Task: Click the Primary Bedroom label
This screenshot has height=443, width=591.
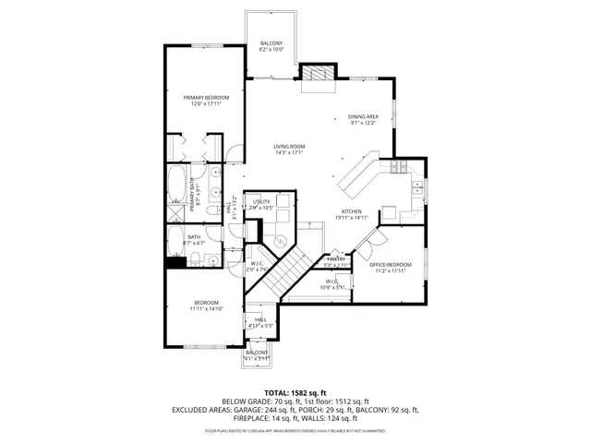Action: (x=206, y=97)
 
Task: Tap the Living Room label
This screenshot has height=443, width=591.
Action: (x=289, y=147)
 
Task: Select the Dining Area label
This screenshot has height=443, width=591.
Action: (x=363, y=116)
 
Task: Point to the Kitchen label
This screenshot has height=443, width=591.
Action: (x=352, y=212)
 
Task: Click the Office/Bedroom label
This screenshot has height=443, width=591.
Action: (x=392, y=265)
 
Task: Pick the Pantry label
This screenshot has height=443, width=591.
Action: (x=337, y=259)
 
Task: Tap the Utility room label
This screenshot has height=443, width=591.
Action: (x=261, y=201)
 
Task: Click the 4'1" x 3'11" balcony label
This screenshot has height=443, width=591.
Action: (x=256, y=354)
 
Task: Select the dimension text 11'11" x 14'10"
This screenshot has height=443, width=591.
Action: (x=206, y=309)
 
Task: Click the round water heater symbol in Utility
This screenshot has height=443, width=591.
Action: (x=276, y=240)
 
